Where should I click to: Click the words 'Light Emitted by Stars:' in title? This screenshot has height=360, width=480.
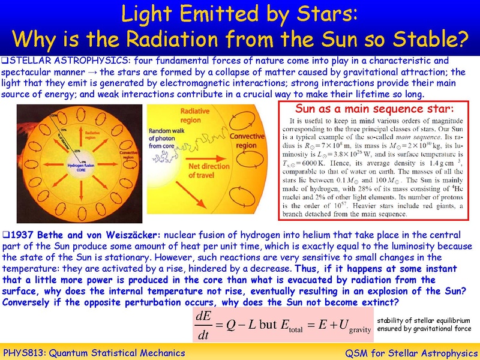coord(241,13)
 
